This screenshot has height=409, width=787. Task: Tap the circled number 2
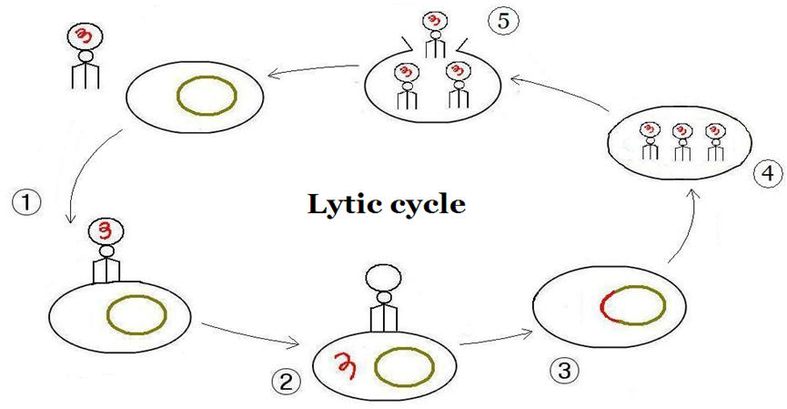pos(286,383)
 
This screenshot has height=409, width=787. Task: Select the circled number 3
pos(564,371)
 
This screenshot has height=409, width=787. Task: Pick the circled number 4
pos(768,173)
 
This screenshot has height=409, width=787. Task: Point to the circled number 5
pos(503,22)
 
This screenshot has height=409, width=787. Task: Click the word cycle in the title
pos(427,206)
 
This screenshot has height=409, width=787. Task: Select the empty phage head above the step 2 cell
pos(383,275)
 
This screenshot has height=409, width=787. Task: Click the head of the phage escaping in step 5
pos(435,23)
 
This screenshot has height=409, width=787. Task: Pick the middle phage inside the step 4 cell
pos(681,142)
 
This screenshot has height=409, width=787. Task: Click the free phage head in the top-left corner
pos(85,36)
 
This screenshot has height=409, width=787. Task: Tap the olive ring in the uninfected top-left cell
pos(207,77)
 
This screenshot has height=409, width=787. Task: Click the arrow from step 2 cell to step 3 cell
pos(497,338)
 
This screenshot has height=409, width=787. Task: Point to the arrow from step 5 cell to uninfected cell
pos(313,69)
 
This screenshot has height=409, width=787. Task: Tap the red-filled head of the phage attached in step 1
pos(106,232)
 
